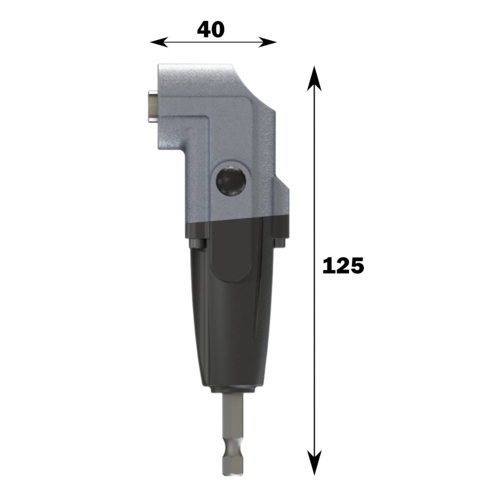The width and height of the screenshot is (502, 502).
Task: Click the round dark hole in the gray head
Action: click(x=230, y=180)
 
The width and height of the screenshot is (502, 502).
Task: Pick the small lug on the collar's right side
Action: click(x=279, y=243)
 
